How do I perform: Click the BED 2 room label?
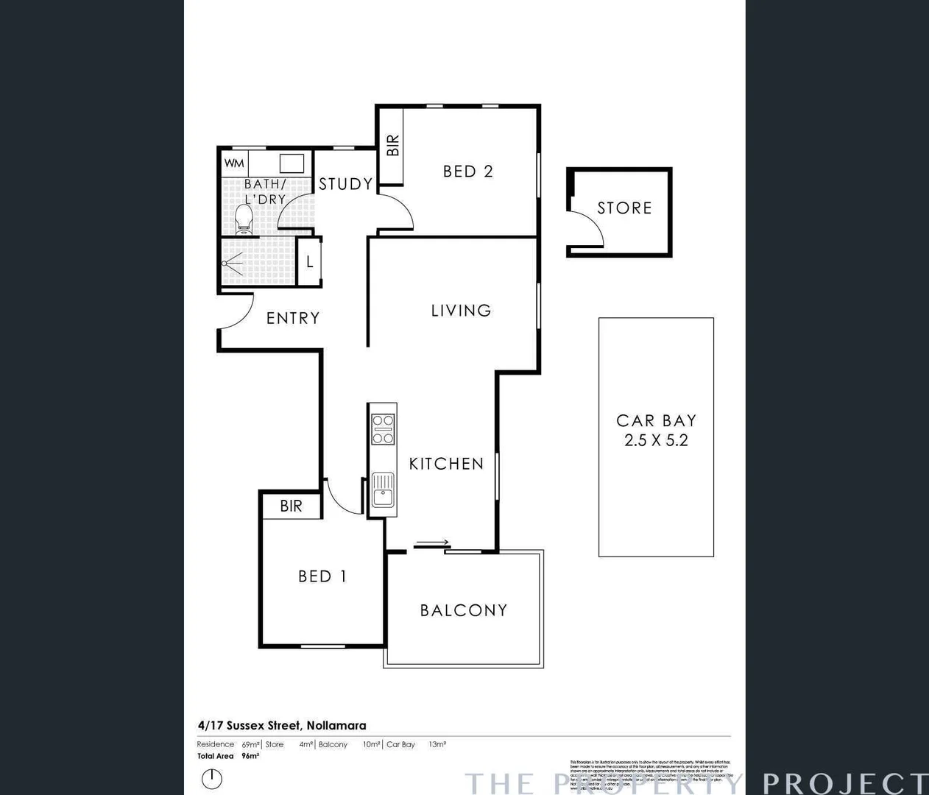(467, 172)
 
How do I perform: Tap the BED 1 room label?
(322, 576)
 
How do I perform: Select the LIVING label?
(461, 311)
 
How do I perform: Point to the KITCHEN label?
(446, 464)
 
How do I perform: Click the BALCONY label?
(464, 610)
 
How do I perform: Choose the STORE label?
(624, 208)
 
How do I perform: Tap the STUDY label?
(345, 184)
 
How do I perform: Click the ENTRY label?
(293, 318)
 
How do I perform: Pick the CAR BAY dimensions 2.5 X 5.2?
(656, 440)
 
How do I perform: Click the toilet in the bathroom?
(244, 218)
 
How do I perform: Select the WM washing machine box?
(234, 163)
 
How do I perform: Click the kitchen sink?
(383, 490)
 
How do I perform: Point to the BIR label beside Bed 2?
(392, 145)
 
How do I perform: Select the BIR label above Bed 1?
(291, 506)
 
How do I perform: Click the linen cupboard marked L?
(310, 261)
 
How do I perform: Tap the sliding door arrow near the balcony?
(431, 544)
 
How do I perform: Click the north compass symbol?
(212, 778)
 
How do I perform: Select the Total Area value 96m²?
(250, 756)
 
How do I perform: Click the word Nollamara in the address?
(336, 725)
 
